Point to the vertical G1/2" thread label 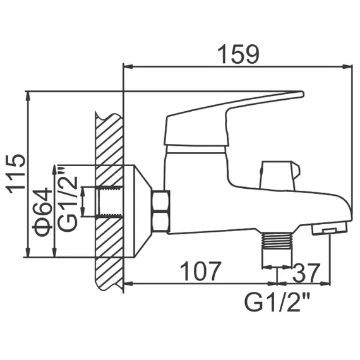[x=68, y=198]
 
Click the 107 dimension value [x=201, y=272]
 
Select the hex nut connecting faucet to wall [x=161, y=212]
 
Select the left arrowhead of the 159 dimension [x=127, y=66]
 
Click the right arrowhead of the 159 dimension [x=348, y=66]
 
